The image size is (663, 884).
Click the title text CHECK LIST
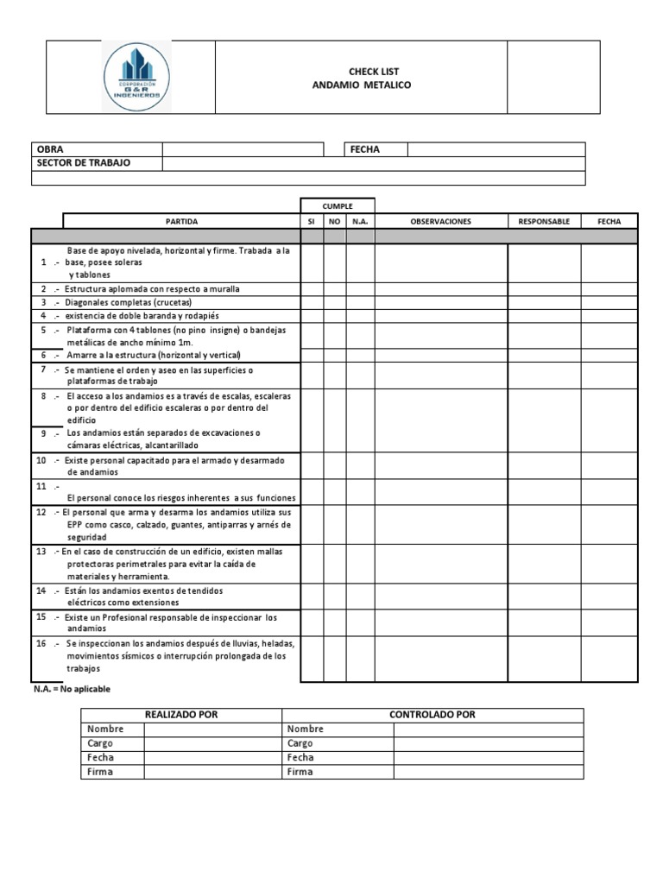[x=361, y=72]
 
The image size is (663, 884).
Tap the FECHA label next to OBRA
[x=364, y=149]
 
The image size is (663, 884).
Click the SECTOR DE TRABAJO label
[x=84, y=163]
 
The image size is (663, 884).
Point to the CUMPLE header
[x=337, y=206]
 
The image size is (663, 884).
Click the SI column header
[x=312, y=222]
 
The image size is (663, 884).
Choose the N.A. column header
[x=360, y=222]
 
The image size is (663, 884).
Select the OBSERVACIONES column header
[x=440, y=222]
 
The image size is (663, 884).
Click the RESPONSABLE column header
[x=543, y=222]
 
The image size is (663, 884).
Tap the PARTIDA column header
[x=181, y=222]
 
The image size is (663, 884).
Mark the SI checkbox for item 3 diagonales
[x=312, y=303]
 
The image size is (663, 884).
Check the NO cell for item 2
[x=335, y=288]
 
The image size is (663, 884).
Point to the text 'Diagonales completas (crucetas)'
[x=128, y=303]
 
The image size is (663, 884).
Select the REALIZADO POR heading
[x=182, y=715]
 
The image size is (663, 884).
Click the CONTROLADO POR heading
[x=433, y=715]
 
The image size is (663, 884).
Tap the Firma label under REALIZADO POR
[x=100, y=772]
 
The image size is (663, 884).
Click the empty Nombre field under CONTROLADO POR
[x=488, y=729]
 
